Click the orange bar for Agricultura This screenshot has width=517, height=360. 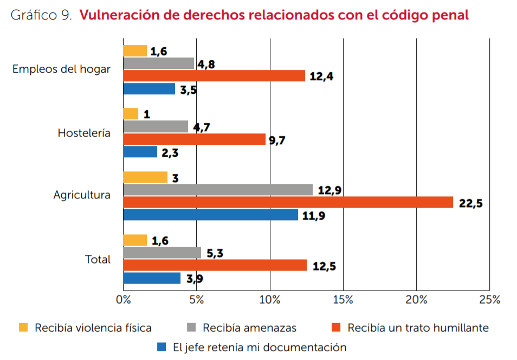click(288, 202)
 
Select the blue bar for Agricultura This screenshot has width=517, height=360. click(210, 215)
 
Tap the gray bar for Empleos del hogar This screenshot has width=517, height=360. click(158, 63)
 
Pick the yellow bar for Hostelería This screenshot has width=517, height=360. click(131, 114)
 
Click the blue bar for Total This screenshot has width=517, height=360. click(152, 278)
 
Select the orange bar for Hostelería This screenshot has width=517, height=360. click(194, 139)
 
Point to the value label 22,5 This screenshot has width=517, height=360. click(470, 204)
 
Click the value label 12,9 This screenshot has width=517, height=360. click(329, 191)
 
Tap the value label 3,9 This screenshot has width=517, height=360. click(195, 280)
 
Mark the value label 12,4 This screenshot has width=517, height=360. click(321, 76)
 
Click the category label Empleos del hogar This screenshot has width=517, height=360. click(61, 69)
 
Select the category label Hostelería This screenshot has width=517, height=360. click(84, 133)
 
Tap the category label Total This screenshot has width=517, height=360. click(98, 259)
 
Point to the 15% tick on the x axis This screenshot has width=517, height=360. click(343, 300)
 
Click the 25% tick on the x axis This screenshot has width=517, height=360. click(489, 300)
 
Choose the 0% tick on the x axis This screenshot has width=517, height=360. click(123, 300)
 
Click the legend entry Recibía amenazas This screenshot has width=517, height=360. click(249, 327)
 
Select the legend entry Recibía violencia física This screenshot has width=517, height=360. click(93, 327)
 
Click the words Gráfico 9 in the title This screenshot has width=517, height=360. click(41, 15)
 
